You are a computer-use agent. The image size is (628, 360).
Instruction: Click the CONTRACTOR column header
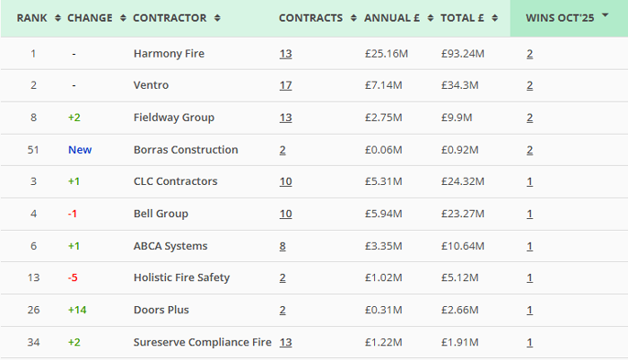(x=169, y=18)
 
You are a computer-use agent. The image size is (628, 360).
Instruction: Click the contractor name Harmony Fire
(x=169, y=54)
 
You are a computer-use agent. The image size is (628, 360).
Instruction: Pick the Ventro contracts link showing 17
(x=285, y=85)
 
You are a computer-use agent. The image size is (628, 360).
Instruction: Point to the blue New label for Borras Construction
(x=80, y=150)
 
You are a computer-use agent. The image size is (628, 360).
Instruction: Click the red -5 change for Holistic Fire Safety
(x=73, y=277)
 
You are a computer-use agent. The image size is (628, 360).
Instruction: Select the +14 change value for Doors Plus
(x=76, y=310)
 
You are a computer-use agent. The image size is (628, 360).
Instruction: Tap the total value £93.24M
(x=463, y=54)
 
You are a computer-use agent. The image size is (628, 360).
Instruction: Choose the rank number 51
(x=34, y=150)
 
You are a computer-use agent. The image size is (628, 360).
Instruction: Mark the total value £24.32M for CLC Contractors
(x=463, y=181)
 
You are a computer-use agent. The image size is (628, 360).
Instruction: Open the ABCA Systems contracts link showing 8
(x=283, y=246)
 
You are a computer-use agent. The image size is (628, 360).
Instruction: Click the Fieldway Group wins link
(x=529, y=118)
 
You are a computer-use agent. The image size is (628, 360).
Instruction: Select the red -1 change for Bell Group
(x=73, y=214)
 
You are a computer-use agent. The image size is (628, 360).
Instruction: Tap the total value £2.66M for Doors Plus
(x=460, y=310)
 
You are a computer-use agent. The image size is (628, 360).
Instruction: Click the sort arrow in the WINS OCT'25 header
(x=606, y=18)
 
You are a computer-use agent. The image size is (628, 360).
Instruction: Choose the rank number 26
(x=34, y=310)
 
